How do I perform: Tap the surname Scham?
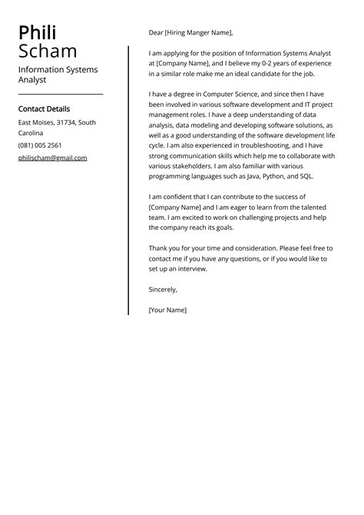coord(48,51)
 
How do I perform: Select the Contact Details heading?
coord(44,109)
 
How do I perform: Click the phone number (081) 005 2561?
coord(40,145)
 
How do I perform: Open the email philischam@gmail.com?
coord(53,158)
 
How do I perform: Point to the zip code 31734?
coord(65,122)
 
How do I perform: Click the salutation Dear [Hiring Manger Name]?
coord(190,33)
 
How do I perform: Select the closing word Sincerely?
coord(163,290)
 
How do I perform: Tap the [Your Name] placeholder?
coord(167,310)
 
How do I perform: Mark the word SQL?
coord(322,176)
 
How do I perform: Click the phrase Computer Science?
coord(228,95)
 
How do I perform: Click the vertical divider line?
coord(128,181)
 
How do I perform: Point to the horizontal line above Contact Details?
coord(61,95)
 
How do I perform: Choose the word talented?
coord(317,207)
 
